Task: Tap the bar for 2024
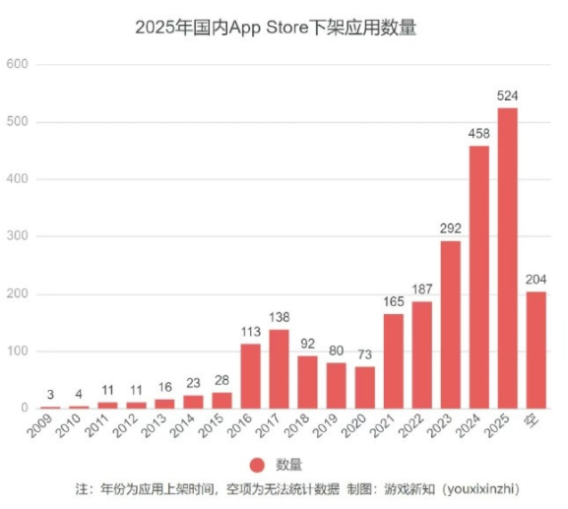(x=478, y=277)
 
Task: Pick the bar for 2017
(x=279, y=368)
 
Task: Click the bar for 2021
(x=393, y=360)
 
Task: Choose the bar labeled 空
(x=536, y=350)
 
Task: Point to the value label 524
(x=507, y=96)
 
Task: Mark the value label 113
(x=250, y=333)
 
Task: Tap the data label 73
(x=364, y=355)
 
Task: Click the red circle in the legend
(x=258, y=465)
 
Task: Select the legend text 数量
(x=288, y=465)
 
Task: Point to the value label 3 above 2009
(x=50, y=396)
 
